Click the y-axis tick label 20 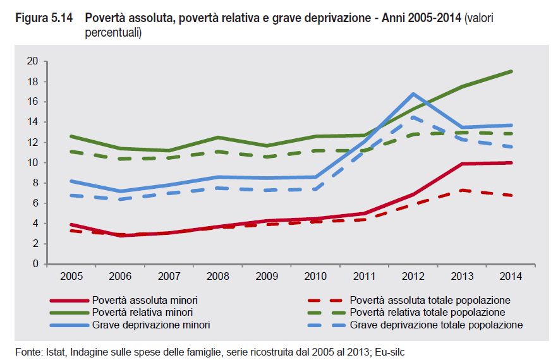pos(33,61)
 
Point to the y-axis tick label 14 pos(33,122)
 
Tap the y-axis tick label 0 pos(36,263)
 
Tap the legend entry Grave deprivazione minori pos(151,325)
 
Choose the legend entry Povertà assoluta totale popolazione pos(430,300)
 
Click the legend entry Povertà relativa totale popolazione pos(427,312)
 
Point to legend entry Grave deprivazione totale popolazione pos(436,325)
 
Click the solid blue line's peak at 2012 pos(413,93)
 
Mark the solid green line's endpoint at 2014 pos(511,71)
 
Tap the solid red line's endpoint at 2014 pos(511,162)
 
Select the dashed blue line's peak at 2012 pos(413,117)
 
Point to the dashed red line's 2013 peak pos(463,189)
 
